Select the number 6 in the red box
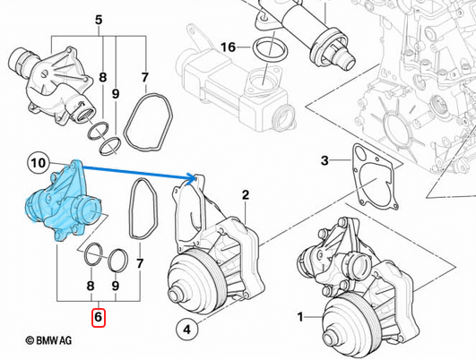(99, 316)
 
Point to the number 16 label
(228, 47)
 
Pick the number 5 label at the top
(99, 19)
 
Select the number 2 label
(245, 194)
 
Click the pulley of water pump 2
(189, 287)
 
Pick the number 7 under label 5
(144, 79)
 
